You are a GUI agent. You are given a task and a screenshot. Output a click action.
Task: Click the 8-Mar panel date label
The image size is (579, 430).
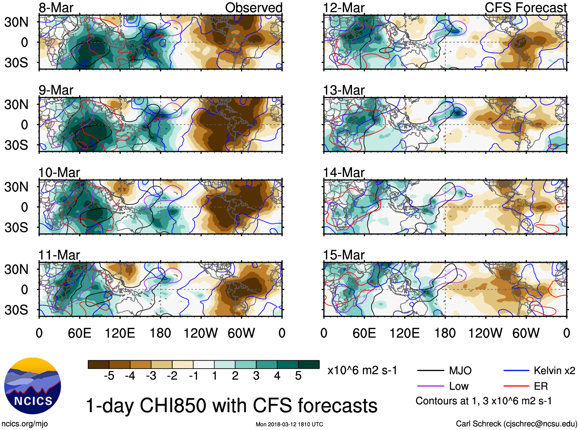pyautogui.click(x=56, y=8)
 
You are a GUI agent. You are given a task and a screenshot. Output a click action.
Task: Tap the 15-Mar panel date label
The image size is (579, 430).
pyautogui.click(x=344, y=255)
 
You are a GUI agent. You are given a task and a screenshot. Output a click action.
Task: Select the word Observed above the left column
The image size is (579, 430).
pyautogui.click(x=253, y=8)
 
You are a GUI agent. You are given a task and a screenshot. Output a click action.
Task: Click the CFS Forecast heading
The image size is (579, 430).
pyautogui.click(x=525, y=8)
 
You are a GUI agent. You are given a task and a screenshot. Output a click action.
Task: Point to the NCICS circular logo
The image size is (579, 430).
pyautogui.click(x=33, y=386)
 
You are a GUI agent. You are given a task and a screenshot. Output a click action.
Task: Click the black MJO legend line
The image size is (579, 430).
pyautogui.click(x=430, y=371)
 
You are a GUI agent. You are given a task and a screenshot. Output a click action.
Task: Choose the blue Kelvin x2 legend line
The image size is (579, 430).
pyautogui.click(x=516, y=371)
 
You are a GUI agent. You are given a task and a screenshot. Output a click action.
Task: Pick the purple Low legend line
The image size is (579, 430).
pyautogui.click(x=430, y=386)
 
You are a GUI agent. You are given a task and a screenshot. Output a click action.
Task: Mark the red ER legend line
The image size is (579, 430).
pyautogui.click(x=516, y=386)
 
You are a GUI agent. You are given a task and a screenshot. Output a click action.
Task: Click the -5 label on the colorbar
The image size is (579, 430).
pyautogui.click(x=109, y=376)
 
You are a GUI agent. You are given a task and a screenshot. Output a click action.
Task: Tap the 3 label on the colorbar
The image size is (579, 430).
pyautogui.click(x=256, y=376)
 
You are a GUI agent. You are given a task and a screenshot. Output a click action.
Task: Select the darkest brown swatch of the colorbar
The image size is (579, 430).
pyautogui.click(x=99, y=364)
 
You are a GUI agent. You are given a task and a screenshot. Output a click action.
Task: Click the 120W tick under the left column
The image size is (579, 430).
pyautogui.click(x=201, y=333)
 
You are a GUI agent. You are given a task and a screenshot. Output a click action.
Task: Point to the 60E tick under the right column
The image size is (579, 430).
pyautogui.click(x=364, y=333)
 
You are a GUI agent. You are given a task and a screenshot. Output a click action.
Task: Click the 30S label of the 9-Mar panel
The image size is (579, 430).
pyautogui.click(x=16, y=145)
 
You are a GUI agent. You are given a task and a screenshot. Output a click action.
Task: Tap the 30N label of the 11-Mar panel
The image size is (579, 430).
pyautogui.click(x=16, y=269)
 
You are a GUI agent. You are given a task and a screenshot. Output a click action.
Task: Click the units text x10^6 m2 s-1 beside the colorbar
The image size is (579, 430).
pyautogui.click(x=362, y=371)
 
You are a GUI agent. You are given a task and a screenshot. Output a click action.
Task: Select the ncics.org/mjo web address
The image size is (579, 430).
pyautogui.click(x=25, y=424)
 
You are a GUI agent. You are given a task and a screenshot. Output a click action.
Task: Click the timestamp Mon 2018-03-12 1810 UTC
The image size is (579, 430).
pyautogui.click(x=289, y=424)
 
